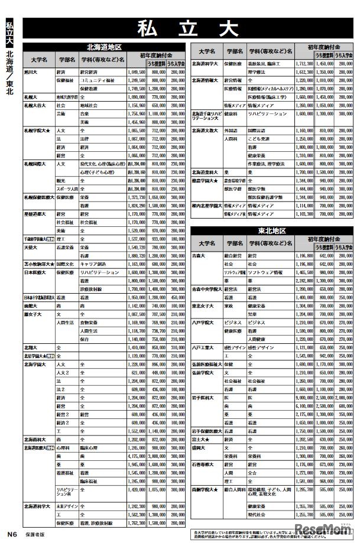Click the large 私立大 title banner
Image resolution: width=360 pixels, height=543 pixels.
189,27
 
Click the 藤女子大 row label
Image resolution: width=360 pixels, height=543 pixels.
33,315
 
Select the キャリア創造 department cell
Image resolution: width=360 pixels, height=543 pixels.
95,264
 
